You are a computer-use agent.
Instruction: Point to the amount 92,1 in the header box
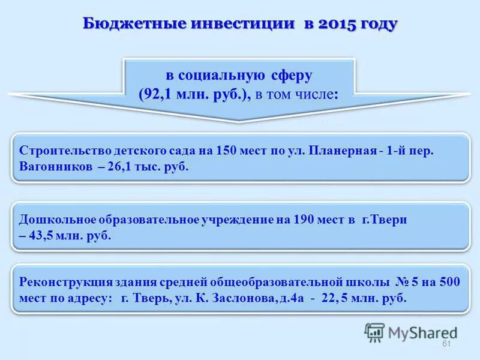tap(157, 94)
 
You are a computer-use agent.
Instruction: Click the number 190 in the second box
tap(305, 220)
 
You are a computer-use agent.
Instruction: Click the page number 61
tap(446, 344)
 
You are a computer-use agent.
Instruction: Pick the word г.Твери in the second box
tap(385, 220)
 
